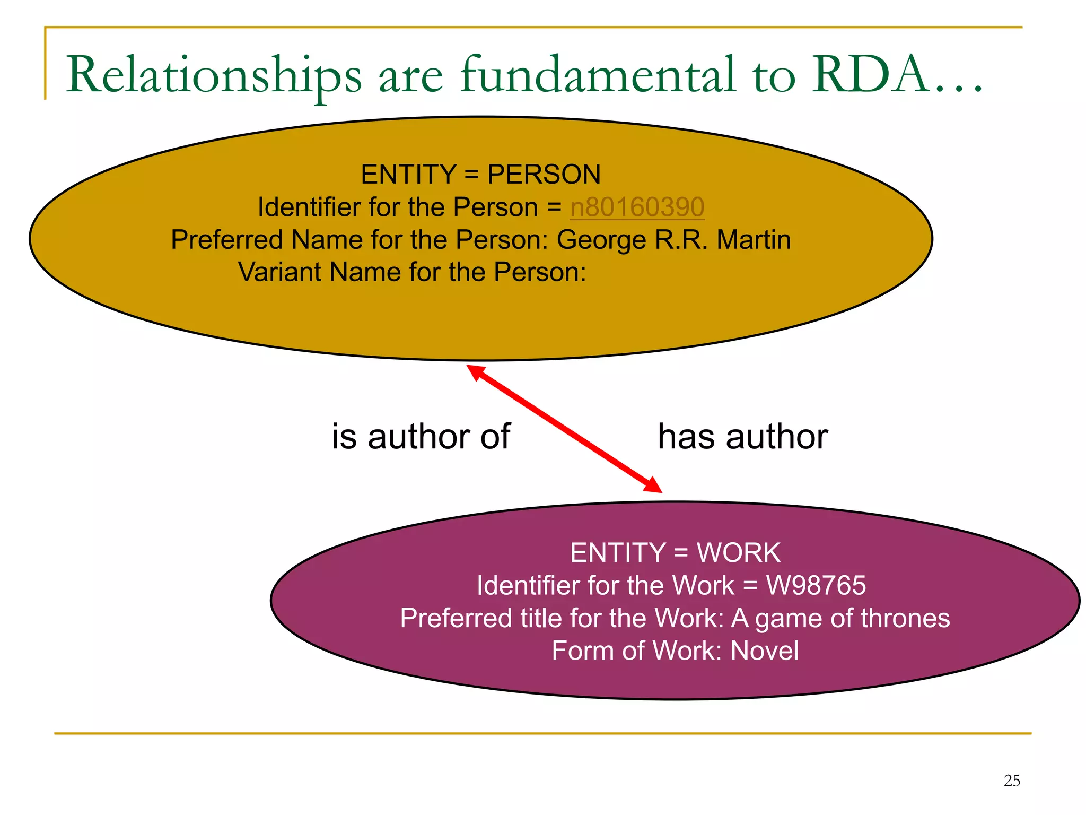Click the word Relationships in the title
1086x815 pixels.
click(214, 75)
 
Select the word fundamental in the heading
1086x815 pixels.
click(598, 75)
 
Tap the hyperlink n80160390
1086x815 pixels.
click(637, 207)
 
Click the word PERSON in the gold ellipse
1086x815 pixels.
click(544, 175)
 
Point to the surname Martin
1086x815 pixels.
click(754, 240)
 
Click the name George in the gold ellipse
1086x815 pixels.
click(601, 240)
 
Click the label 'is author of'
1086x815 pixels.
click(421, 437)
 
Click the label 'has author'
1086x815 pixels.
click(742, 437)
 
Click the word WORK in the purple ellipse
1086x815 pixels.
click(738, 553)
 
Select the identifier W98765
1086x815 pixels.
click(816, 586)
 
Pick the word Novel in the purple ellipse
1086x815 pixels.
click(764, 651)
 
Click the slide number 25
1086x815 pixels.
click(1012, 781)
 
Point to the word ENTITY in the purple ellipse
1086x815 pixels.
click(617, 553)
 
